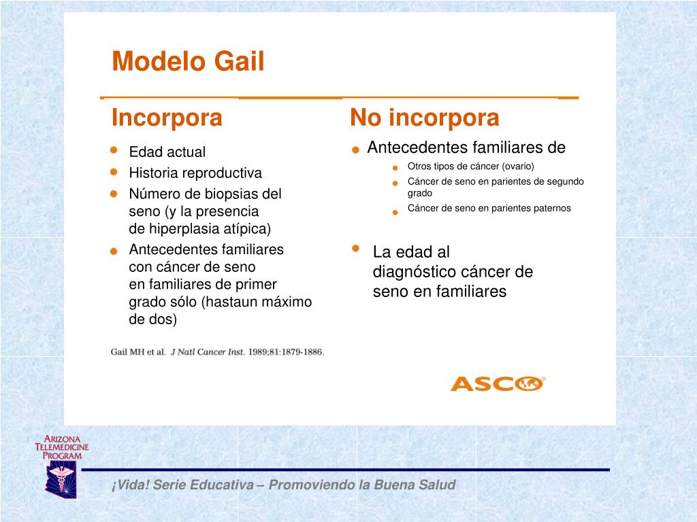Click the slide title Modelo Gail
pyautogui.click(x=188, y=62)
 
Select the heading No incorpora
pyautogui.click(x=424, y=118)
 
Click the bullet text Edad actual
pyautogui.click(x=167, y=152)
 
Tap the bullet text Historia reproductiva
pyautogui.click(x=195, y=173)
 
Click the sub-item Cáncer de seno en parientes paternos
pyautogui.click(x=489, y=209)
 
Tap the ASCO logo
pyautogui.click(x=498, y=383)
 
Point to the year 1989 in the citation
pyautogui.click(x=259, y=352)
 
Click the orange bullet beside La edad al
pyautogui.click(x=355, y=249)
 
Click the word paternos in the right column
pyautogui.click(x=550, y=209)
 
